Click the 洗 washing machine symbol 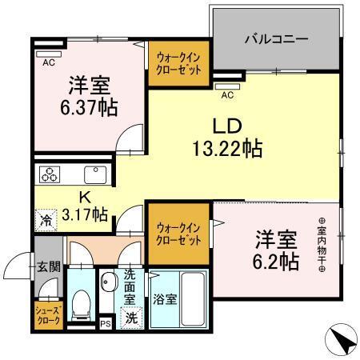[131, 318]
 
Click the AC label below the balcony [226, 95]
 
